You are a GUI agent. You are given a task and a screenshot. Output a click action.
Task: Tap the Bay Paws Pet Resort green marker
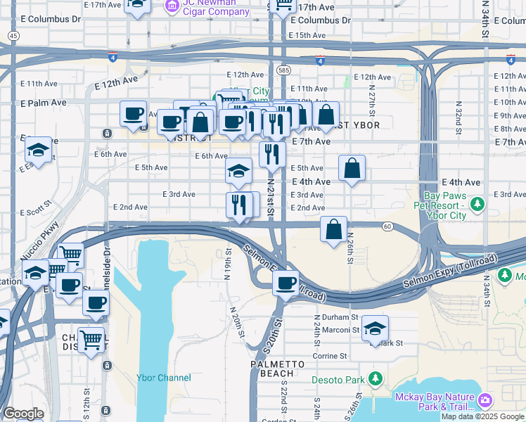tap(478, 204)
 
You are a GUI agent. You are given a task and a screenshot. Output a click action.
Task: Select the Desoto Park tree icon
tap(376, 380)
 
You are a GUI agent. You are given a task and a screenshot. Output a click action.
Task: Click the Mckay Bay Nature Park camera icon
tap(485, 401)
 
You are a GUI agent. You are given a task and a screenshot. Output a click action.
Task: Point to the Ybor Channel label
tap(164, 378)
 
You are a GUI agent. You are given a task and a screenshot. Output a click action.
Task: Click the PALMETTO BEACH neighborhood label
tap(278, 369)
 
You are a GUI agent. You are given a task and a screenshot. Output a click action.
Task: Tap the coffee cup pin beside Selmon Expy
tap(286, 283)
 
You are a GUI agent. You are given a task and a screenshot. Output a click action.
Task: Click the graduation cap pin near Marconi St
tap(376, 328)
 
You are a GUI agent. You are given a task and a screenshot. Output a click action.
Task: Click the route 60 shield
tap(387, 226)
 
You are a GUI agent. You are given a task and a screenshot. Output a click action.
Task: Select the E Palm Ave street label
tap(43, 103)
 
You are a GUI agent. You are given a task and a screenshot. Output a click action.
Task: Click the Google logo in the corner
tap(23, 414)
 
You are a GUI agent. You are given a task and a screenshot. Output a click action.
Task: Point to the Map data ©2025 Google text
tap(483, 416)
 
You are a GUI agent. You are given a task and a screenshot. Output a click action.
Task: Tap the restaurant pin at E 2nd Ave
tap(239, 205)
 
